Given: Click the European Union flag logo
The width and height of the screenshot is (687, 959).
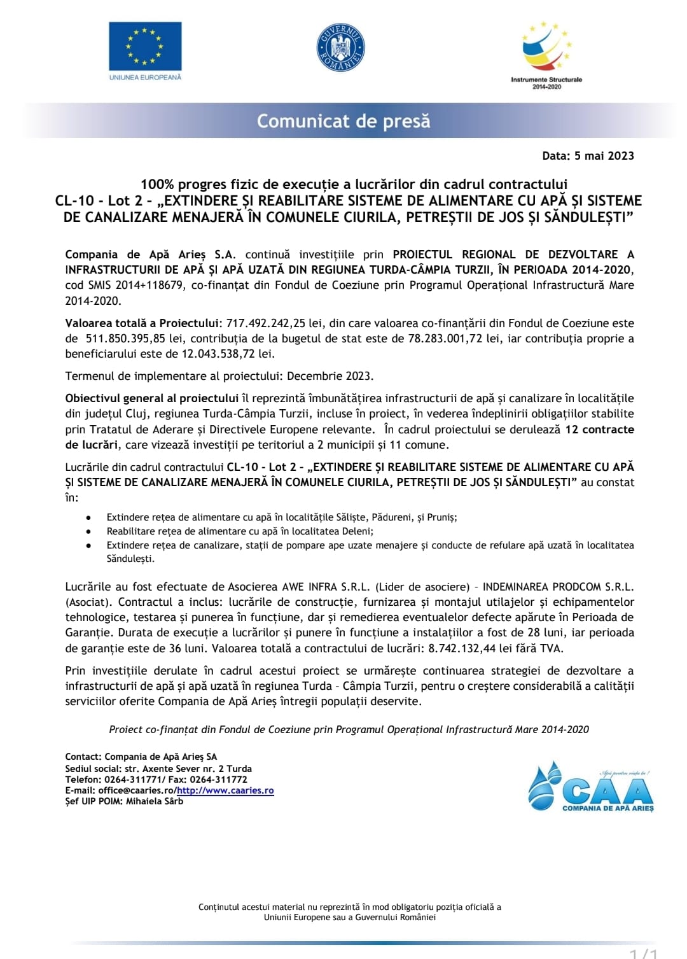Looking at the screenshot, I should pos(145,46).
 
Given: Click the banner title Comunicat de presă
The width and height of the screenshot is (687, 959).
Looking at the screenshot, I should pos(343,121).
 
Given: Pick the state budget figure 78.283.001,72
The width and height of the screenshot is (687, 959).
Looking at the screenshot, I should pos(445,339).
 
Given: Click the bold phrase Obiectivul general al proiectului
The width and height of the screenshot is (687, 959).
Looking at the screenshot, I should pos(151,398).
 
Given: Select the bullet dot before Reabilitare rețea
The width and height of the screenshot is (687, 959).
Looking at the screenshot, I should pos(89,531).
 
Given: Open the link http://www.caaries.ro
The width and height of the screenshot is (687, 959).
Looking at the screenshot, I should pos(225,790).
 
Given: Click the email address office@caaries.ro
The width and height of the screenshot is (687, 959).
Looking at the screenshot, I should pos(136,790).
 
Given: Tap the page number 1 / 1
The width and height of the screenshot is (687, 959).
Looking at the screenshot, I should pos(643,953).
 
